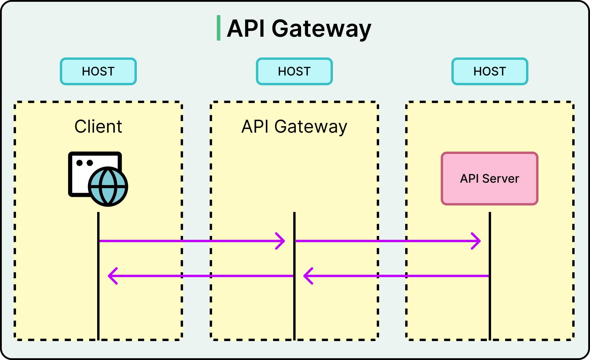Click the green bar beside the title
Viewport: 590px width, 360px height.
(219, 28)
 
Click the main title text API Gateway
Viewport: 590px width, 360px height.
(299, 28)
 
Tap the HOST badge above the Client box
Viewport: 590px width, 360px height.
(98, 71)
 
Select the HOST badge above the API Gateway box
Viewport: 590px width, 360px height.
(294, 71)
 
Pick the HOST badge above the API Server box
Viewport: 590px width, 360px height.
(490, 71)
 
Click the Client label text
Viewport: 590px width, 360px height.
(98, 126)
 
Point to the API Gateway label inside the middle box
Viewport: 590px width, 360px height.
(294, 126)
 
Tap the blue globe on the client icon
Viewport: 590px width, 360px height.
(108, 187)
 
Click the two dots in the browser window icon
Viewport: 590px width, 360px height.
(85, 163)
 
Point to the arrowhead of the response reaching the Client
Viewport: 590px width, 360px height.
(112, 276)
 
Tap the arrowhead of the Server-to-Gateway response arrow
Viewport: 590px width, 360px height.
(307, 276)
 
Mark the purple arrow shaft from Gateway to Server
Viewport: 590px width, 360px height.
(385, 241)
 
